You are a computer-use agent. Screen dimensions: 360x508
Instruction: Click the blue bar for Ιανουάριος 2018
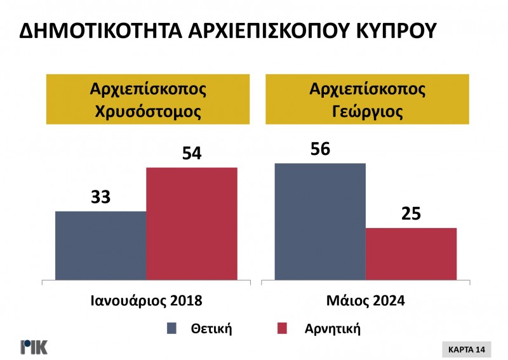[101, 245]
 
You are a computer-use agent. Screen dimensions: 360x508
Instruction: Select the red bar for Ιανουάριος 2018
[192, 223]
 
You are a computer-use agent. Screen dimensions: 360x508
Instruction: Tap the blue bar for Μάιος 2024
[320, 221]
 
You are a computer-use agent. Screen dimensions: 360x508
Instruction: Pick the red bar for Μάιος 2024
[411, 253]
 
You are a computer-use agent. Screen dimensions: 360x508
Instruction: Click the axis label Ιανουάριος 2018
[146, 300]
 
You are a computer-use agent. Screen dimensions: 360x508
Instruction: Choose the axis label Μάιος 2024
[366, 300]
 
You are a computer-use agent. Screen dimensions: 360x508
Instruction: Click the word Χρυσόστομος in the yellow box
[148, 112]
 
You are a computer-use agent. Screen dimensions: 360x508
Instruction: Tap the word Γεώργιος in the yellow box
[366, 112]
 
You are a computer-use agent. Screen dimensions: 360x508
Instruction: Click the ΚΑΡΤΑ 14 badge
[466, 349]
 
